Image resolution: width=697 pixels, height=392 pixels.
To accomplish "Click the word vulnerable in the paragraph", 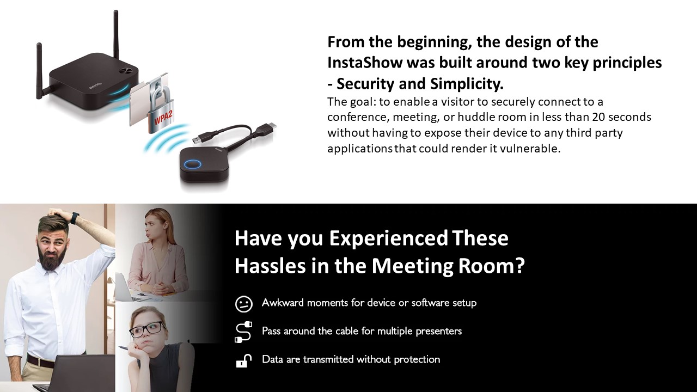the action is coord(530,149).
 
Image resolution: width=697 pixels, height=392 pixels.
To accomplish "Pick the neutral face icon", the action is coord(243,304).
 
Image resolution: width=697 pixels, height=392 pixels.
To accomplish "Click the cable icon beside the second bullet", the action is coord(243,332).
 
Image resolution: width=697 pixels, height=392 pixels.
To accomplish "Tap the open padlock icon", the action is coord(243,360).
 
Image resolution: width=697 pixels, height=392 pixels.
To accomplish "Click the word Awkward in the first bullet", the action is coord(283,302).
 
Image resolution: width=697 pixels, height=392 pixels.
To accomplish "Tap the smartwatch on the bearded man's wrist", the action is coord(75,217).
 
